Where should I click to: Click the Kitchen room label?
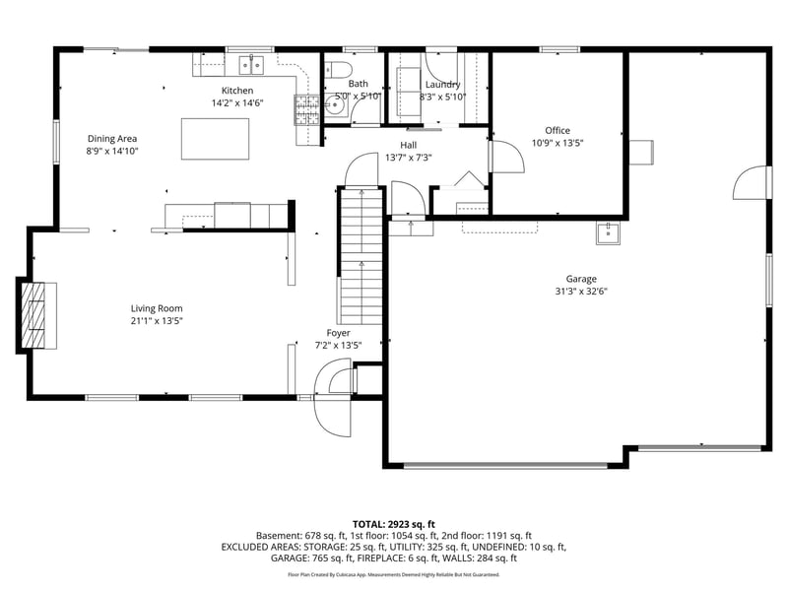click(237, 91)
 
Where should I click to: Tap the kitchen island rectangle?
click(215, 138)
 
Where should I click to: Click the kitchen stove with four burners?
click(306, 110)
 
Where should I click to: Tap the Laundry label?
click(442, 85)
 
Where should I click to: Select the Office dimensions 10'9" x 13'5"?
click(558, 142)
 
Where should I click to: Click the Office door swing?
click(504, 159)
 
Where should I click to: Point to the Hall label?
click(409, 145)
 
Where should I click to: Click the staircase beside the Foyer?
click(361, 256)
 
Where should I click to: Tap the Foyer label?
click(338, 333)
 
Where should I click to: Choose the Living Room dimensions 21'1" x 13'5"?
click(157, 320)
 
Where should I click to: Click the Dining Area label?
click(112, 139)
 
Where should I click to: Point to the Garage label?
click(580, 279)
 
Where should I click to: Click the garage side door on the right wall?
click(751, 183)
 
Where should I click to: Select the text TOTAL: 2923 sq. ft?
click(393, 524)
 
